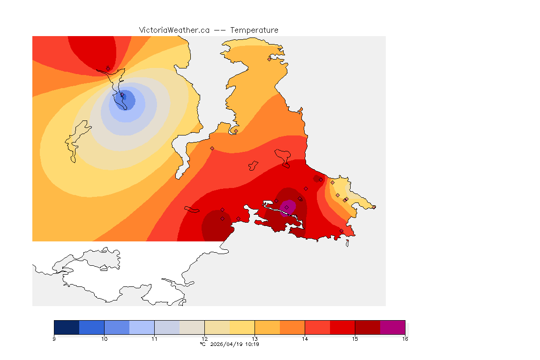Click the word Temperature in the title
point(254,30)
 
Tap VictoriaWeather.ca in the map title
point(174,30)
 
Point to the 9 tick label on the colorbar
point(54,338)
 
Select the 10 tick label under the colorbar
point(104,338)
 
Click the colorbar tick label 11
point(154,338)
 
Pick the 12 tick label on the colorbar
point(204,338)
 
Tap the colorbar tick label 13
point(255,338)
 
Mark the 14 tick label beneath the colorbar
point(305,338)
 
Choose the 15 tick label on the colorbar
point(355,338)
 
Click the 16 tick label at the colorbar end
point(405,338)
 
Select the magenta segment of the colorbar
point(392,327)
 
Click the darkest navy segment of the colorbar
point(67,327)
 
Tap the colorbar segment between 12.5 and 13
point(242,327)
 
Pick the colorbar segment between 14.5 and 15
point(342,327)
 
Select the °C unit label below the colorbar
point(202,344)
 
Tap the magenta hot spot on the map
point(288,207)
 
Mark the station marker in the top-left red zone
point(108,68)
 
